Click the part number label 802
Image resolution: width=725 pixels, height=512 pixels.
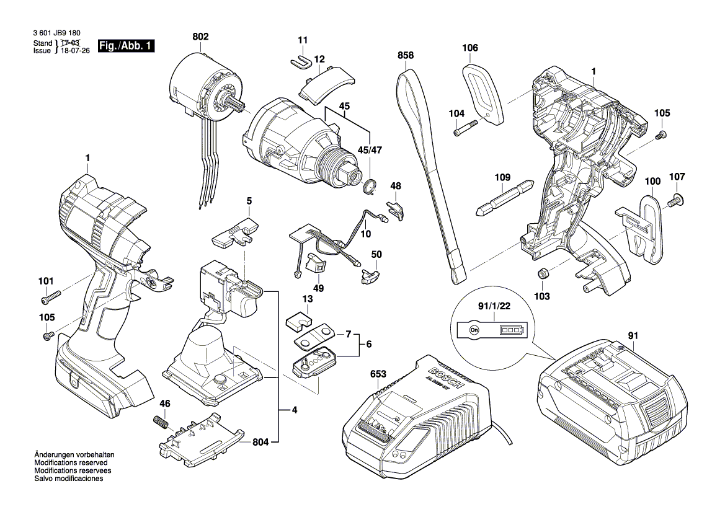[x=200, y=37]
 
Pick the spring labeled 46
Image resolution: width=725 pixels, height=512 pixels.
[x=161, y=423]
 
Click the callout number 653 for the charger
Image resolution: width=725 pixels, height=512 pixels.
[x=378, y=374]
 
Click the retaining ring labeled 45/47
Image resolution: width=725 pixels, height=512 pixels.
[x=371, y=185]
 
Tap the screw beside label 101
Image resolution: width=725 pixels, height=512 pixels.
[x=49, y=297]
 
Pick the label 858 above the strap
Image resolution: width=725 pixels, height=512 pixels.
[x=406, y=56]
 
